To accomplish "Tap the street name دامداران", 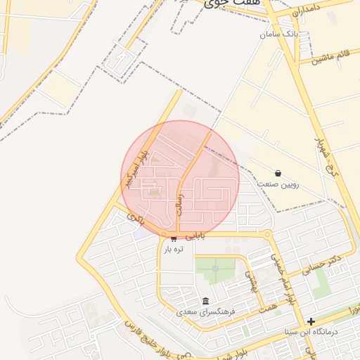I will tap(307, 12).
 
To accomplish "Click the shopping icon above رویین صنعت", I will tap(278, 173).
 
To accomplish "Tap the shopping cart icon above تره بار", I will tap(174, 240).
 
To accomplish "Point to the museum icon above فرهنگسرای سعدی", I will tap(205, 300).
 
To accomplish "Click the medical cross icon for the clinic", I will tap(311, 321).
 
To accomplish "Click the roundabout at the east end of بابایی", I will tap(267, 234).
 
